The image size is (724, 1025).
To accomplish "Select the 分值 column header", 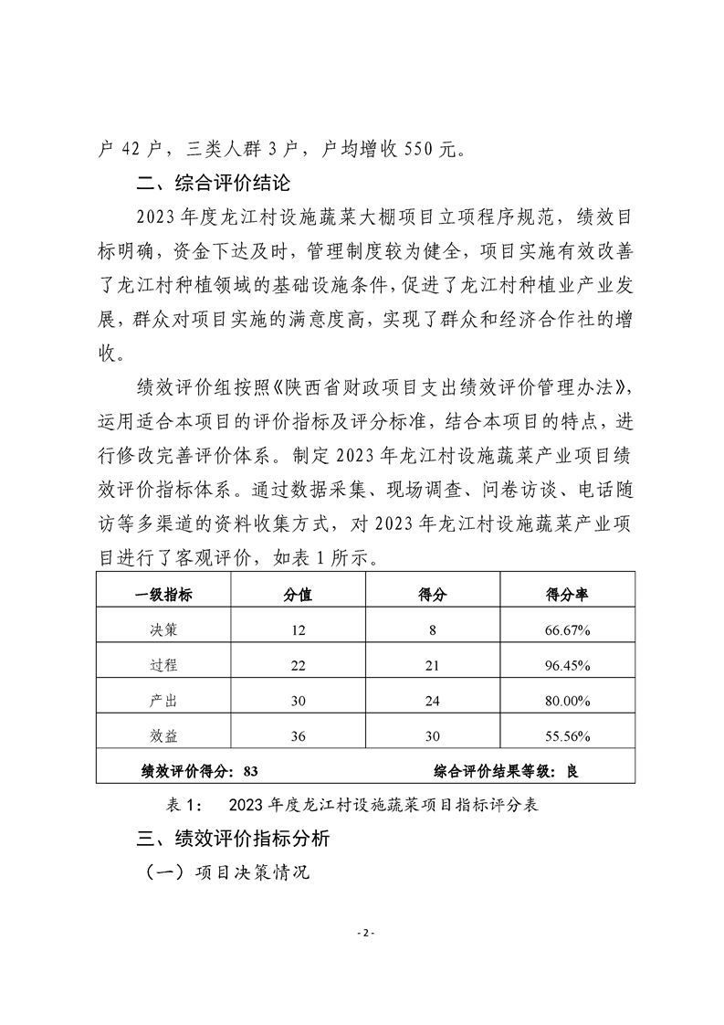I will [298, 594].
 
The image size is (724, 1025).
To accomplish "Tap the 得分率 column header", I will [566, 594].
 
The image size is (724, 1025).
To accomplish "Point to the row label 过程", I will [164, 665].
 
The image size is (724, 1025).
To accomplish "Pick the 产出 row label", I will [164, 701].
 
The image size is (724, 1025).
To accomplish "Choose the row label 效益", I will [164, 735].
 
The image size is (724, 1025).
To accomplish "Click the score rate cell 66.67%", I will [567, 630].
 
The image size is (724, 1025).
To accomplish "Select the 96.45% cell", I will [567, 665].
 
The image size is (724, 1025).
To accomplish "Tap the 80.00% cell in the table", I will [567, 701].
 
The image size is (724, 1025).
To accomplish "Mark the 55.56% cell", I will [567, 735].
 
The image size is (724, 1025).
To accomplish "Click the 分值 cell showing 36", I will [298, 735].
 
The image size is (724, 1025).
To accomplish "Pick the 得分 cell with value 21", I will [431, 665].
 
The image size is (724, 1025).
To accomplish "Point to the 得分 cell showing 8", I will [431, 630].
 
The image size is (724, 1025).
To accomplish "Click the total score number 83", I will [252, 770].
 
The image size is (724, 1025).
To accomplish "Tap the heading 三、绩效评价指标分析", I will [233, 838].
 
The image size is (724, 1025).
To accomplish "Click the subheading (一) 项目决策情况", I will [228, 872].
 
